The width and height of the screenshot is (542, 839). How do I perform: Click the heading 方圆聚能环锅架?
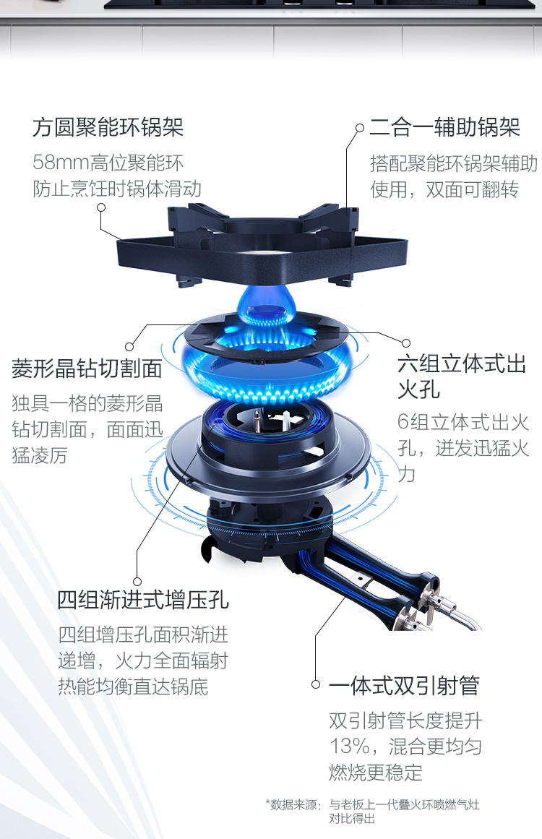[108, 127]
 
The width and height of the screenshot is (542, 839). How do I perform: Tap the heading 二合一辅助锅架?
[445, 127]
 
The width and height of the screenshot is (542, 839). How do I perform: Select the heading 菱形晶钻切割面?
[87, 369]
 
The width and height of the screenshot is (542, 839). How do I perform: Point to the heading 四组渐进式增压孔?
[143, 600]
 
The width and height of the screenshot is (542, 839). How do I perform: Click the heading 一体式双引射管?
[404, 685]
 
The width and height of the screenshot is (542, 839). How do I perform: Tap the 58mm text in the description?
[61, 162]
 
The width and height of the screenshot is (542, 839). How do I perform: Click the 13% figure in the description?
[349, 746]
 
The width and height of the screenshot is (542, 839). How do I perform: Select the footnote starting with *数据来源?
[372, 811]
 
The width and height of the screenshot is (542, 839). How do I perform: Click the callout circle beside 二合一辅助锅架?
[360, 128]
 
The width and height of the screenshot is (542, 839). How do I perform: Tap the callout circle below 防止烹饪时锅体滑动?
[101, 207]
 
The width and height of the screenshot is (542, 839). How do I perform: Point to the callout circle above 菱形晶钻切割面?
[129, 347]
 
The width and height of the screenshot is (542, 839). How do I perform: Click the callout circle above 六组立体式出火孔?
[406, 343]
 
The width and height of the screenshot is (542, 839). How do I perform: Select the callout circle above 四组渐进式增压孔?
[137, 582]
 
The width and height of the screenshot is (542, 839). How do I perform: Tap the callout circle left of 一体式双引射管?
[316, 684]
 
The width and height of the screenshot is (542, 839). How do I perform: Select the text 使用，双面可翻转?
[444, 189]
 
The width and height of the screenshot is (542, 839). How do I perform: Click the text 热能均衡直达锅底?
[133, 687]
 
